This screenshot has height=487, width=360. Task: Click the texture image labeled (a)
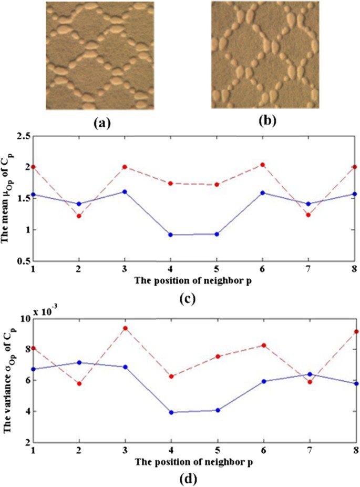pyautogui.click(x=100, y=55)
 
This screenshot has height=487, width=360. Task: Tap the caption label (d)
pyautogui.click(x=187, y=479)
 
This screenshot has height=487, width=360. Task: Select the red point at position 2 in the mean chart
pyautogui.click(x=79, y=216)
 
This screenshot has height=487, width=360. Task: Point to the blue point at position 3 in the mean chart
pyautogui.click(x=125, y=191)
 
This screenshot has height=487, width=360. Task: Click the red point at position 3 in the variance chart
pyautogui.click(x=125, y=328)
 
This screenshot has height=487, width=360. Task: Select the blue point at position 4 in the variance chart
pyautogui.click(x=170, y=412)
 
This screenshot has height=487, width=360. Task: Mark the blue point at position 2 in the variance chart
pyautogui.click(x=79, y=362)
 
